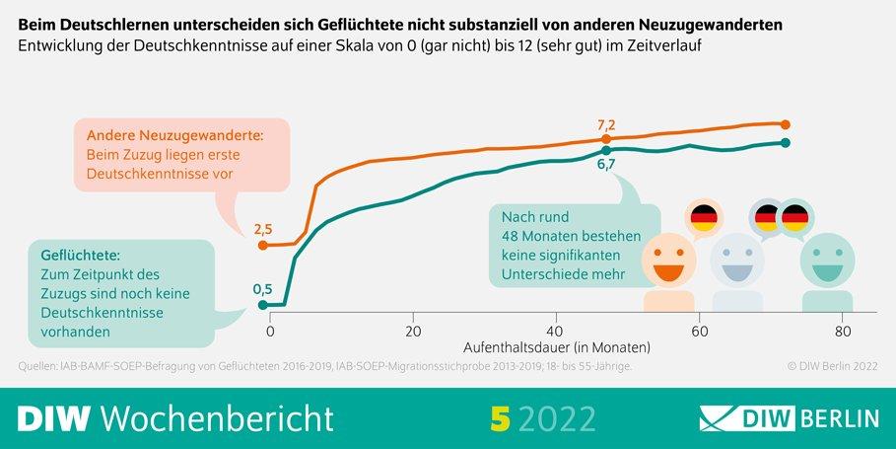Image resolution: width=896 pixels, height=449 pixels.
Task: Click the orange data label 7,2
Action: point(606,125)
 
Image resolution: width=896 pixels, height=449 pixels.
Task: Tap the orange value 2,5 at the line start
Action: point(263,229)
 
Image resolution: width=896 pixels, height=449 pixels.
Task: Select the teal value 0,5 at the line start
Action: point(263,289)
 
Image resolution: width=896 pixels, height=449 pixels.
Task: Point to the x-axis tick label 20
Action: point(413,332)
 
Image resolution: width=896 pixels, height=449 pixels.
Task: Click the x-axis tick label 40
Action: point(556,332)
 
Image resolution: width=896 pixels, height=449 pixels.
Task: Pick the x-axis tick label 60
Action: point(699,332)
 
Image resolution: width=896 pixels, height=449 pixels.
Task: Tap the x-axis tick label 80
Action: point(842,332)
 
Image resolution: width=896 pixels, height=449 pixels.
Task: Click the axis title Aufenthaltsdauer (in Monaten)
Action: point(557,348)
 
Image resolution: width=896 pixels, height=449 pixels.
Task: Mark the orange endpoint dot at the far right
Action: point(786,124)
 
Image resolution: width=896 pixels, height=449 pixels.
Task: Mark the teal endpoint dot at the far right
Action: point(786,143)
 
